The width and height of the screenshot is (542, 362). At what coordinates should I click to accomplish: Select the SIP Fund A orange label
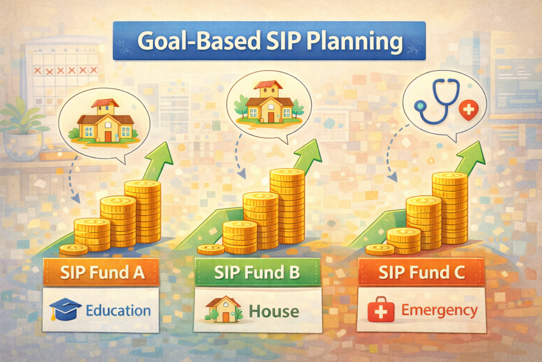[x=102, y=272]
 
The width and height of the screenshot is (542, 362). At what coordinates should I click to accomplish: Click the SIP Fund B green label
[x=258, y=272]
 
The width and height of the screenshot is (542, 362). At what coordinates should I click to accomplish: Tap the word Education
[x=118, y=311]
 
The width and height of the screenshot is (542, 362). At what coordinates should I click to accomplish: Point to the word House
[x=274, y=311]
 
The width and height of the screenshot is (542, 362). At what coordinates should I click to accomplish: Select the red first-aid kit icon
[x=381, y=310]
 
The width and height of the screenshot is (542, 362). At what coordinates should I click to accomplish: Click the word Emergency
[x=439, y=311]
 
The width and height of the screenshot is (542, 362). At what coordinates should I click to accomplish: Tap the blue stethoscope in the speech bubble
[x=437, y=101]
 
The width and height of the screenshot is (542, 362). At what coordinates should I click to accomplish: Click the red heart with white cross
[x=468, y=111]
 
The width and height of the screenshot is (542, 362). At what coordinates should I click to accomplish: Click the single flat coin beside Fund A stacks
[x=73, y=249]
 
